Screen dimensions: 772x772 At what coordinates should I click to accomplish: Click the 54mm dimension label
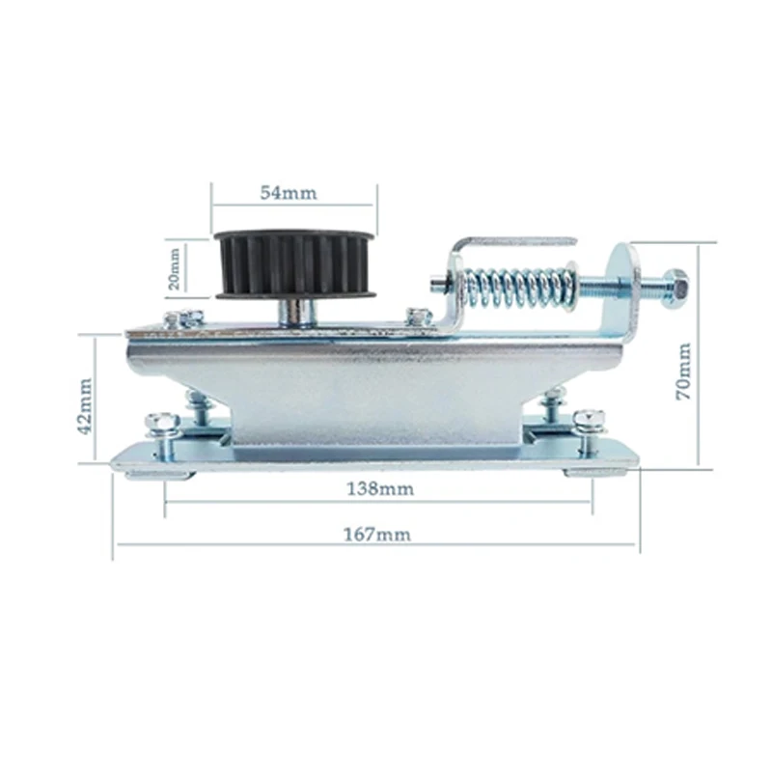(289, 192)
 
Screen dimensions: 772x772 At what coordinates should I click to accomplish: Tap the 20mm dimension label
(175, 268)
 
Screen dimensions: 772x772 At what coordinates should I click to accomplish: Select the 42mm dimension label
(85, 405)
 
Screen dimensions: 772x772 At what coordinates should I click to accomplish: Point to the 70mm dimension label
(683, 372)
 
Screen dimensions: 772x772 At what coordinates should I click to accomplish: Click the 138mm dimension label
(380, 489)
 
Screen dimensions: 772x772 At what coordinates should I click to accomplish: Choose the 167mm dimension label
(376, 535)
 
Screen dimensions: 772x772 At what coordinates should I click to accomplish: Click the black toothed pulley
(295, 264)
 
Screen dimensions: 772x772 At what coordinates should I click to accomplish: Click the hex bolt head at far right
(675, 289)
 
